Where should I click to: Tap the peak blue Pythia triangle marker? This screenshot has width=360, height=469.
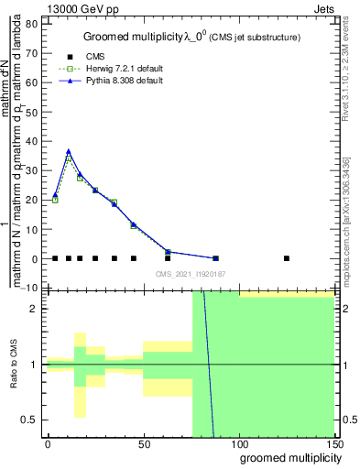pos(68,151)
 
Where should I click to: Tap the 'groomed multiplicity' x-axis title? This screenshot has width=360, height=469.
pos(287,457)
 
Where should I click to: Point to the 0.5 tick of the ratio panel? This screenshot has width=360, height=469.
pos(33,420)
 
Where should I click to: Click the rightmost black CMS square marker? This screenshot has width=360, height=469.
pos(287,258)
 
